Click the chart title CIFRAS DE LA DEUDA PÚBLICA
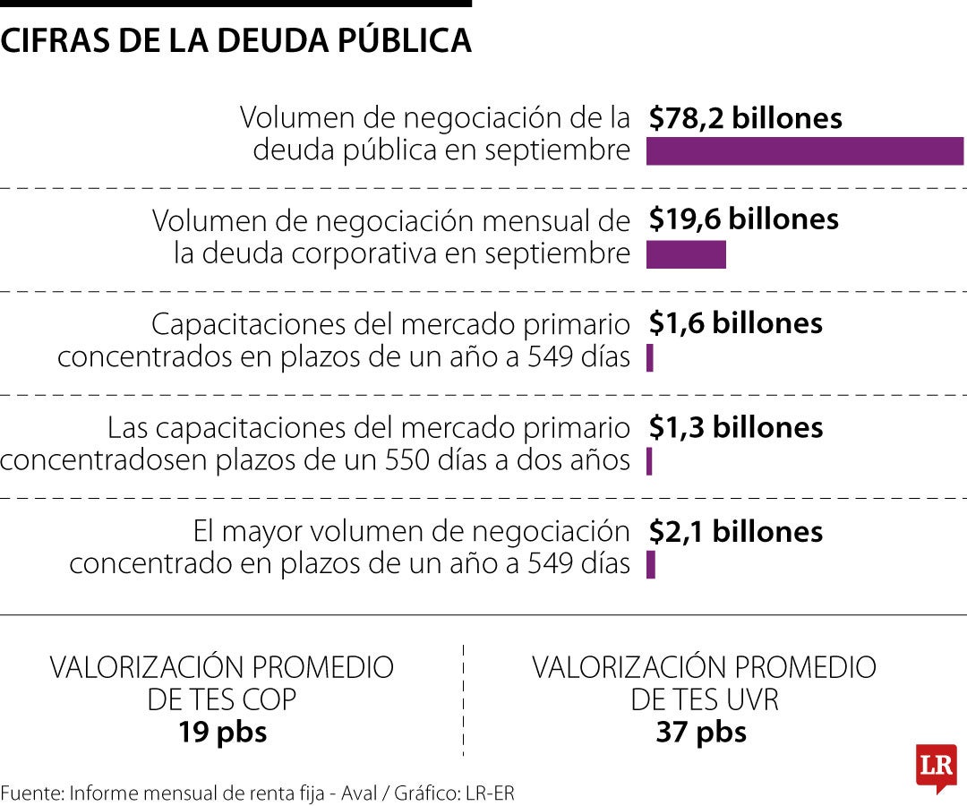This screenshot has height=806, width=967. pyautogui.click(x=236, y=40)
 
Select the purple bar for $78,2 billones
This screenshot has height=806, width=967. pyautogui.click(x=804, y=151)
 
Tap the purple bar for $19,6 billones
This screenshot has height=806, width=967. pyautogui.click(x=686, y=255)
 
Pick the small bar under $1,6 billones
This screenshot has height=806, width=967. pyautogui.click(x=650, y=358)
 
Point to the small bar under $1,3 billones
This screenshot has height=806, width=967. pyautogui.click(x=649, y=462)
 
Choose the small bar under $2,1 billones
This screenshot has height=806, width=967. pyautogui.click(x=651, y=565)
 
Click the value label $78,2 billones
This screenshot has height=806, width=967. pyautogui.click(x=746, y=118)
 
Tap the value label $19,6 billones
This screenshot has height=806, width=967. pyautogui.click(x=744, y=219)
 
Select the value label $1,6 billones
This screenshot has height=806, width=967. pyautogui.click(x=736, y=323)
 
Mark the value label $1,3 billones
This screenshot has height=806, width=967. pyautogui.click(x=736, y=427)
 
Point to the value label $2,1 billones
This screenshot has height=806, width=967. pyautogui.click(x=736, y=531)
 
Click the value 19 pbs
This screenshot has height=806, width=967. pyautogui.click(x=222, y=733)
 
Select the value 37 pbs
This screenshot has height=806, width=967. pyautogui.click(x=701, y=733)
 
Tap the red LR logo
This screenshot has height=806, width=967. pyautogui.click(x=936, y=767)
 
